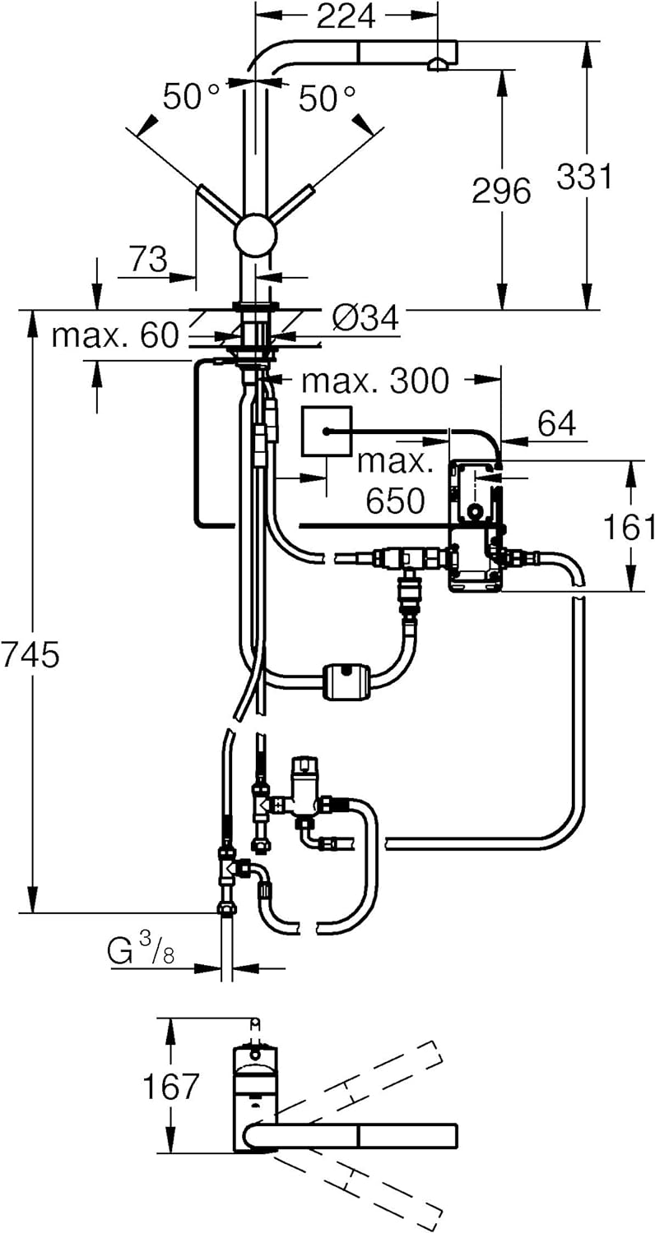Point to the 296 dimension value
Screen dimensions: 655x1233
502,191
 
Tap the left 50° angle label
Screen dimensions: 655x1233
191,97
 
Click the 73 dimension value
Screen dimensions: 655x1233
148,259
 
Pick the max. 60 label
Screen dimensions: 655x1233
116,335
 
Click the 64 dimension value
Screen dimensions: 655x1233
557,424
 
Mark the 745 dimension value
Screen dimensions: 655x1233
30,655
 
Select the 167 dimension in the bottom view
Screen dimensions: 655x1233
170,1085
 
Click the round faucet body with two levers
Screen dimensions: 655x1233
256,234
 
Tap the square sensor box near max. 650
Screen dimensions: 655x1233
327,432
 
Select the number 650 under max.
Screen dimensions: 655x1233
396,501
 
